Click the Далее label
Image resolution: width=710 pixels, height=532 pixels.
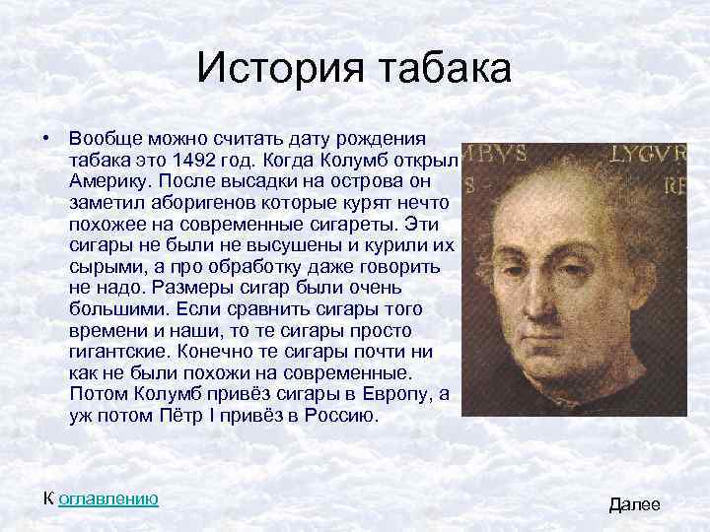coord(635,504)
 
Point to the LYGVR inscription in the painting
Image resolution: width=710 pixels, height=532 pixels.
coord(647,156)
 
